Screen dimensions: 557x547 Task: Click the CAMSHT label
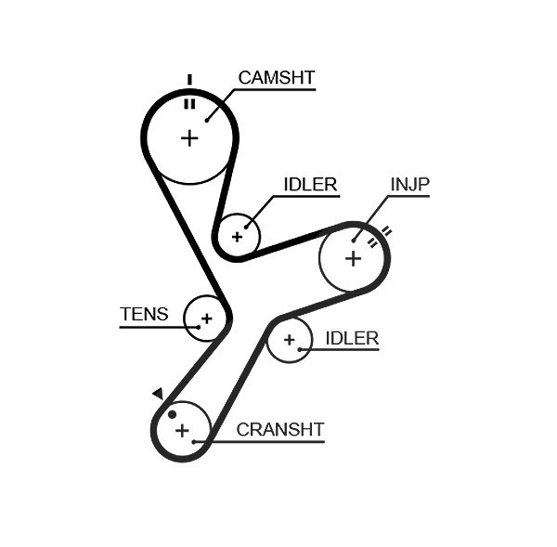(x=277, y=78)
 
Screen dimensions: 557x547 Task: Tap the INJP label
(x=410, y=184)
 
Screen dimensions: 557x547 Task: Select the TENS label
(x=144, y=314)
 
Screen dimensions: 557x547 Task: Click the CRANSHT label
(x=280, y=429)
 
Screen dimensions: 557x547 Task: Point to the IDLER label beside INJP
(x=310, y=185)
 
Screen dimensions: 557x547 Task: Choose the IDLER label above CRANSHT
(x=352, y=338)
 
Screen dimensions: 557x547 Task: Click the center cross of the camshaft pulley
(x=189, y=138)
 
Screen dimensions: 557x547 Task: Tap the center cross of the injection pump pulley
(x=353, y=258)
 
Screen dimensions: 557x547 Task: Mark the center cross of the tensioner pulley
(x=206, y=319)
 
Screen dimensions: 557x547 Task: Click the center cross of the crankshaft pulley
(x=182, y=431)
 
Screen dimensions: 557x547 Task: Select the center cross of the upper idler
(x=237, y=237)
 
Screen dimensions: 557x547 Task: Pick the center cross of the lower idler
(x=290, y=340)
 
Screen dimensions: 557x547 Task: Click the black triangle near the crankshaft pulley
(x=158, y=393)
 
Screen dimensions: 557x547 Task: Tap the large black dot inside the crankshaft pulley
(x=172, y=414)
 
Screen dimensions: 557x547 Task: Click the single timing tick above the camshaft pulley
(x=189, y=80)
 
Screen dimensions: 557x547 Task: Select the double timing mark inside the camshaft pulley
(x=189, y=104)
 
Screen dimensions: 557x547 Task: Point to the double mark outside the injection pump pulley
(x=386, y=232)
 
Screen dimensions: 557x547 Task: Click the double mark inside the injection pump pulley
(x=372, y=242)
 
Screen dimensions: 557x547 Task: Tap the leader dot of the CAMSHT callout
(x=207, y=121)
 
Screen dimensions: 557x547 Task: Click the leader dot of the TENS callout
(x=199, y=327)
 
